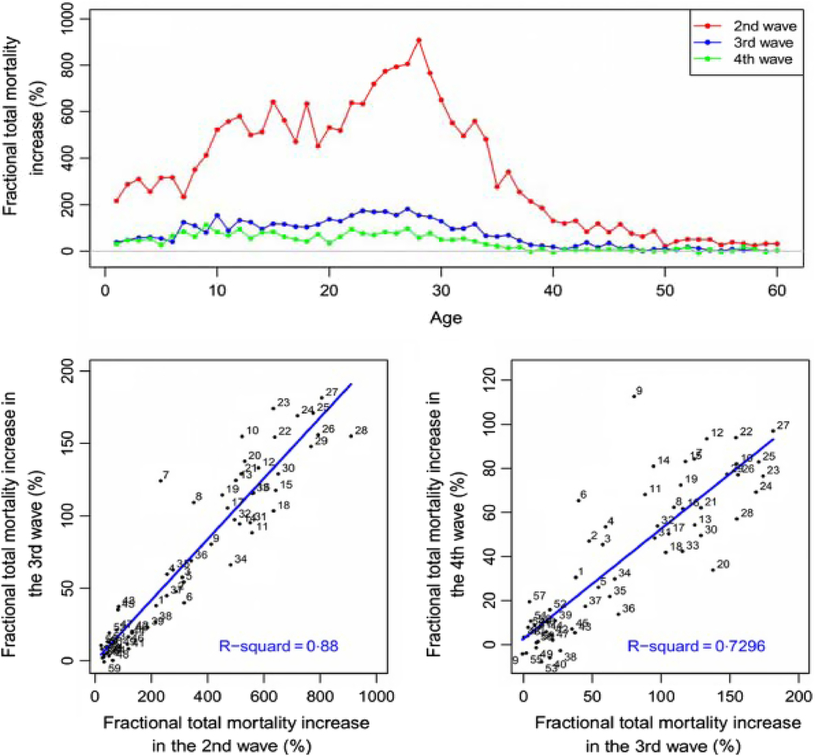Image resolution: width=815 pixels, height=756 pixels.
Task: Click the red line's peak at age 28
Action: (x=418, y=40)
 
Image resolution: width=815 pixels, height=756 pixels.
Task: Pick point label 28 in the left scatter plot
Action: (x=362, y=430)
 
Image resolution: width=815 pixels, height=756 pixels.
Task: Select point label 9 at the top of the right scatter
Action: (x=639, y=391)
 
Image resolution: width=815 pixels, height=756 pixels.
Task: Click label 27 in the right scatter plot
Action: (x=783, y=425)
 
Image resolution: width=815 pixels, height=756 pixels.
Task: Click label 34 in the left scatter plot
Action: (x=241, y=558)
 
